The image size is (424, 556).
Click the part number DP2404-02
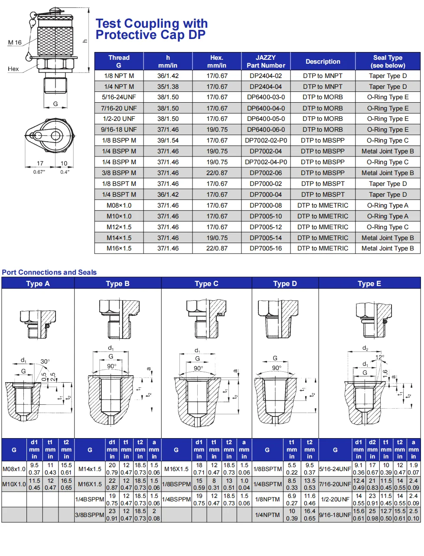coord(265,76)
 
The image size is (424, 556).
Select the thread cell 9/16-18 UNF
coord(119,130)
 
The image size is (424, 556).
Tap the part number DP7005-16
coord(265,248)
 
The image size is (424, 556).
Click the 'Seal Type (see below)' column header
coord(388,62)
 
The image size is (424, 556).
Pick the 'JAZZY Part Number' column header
coord(265,62)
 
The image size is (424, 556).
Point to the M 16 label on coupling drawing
coord(15,42)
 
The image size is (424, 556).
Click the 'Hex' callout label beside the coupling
coord(13,69)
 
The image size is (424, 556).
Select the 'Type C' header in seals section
coord(206,283)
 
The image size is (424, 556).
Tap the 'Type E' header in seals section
coord(369,283)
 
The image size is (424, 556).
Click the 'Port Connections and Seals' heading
coord(49,272)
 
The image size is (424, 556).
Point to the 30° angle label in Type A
coord(45,361)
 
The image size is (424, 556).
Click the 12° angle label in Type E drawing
coord(380,357)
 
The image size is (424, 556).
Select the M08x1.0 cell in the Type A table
coord(14,469)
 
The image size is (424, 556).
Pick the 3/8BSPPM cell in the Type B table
coord(90,515)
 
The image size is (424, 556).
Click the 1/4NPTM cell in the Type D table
coord(267,515)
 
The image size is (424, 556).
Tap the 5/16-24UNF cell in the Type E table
coord(335,469)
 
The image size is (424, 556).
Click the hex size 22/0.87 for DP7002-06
coord(217,173)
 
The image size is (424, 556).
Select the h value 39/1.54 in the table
coord(168,140)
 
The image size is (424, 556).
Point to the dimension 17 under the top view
coord(40,163)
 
